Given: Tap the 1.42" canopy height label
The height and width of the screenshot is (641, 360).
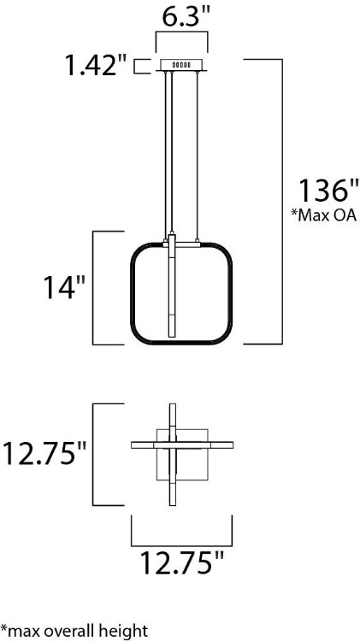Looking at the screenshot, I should pyautogui.click(x=97, y=65).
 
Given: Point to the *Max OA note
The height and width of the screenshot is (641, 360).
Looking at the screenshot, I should pyautogui.click(x=323, y=215).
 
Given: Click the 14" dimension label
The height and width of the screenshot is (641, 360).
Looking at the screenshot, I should pyautogui.click(x=65, y=288).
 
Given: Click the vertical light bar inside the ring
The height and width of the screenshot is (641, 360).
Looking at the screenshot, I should pyautogui.click(x=171, y=291).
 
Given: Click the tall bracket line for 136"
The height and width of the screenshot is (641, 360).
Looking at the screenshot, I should pyautogui.click(x=283, y=201).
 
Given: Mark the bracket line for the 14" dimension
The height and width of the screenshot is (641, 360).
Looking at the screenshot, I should pyautogui.click(x=93, y=287).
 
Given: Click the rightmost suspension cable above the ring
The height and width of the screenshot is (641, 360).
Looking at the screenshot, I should pyautogui.click(x=201, y=154).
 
